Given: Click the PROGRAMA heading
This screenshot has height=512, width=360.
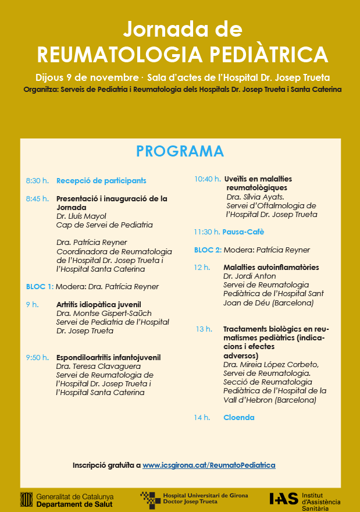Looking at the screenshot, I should (180, 151).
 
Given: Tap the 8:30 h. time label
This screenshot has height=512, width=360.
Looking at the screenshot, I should (37, 181).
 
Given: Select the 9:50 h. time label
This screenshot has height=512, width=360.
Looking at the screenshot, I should (37, 358).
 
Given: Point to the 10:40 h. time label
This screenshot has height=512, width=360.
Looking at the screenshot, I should (207, 179).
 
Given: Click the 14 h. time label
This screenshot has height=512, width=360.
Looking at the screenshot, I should (202, 418).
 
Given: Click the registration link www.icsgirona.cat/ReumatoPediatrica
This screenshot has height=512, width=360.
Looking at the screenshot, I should (209, 465).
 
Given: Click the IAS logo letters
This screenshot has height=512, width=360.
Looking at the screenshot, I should (284, 499).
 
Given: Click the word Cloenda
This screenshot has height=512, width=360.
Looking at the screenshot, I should (238, 418).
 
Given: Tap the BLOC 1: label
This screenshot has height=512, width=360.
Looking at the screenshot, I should (40, 287).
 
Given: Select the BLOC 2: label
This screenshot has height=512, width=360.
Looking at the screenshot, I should (208, 250).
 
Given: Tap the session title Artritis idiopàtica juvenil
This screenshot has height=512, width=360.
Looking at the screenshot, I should (98, 304).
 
